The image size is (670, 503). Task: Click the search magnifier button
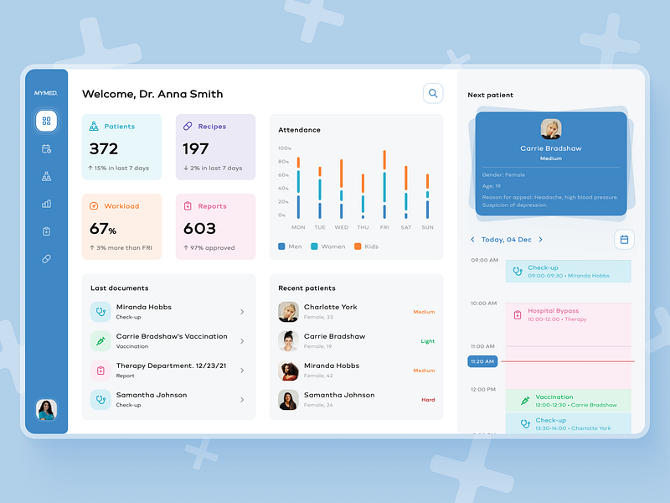433,94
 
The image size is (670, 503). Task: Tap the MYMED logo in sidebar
46,93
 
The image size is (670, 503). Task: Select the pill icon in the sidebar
46,259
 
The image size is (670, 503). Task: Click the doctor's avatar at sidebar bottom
46,410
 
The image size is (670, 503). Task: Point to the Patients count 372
104,149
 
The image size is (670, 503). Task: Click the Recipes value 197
195,149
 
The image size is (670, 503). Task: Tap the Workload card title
122,206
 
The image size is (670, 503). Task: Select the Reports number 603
199,228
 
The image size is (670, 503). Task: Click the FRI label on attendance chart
384,227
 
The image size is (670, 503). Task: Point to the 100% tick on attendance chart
285,148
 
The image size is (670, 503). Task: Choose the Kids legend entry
368,246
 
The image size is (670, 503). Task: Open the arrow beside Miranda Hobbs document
242,312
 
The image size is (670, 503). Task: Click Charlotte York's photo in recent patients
288,312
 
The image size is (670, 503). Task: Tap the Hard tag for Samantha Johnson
428,400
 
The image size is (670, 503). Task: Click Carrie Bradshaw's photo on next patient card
551,129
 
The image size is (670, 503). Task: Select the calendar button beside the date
624,240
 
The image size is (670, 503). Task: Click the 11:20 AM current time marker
482,361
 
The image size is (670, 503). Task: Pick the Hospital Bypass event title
553,311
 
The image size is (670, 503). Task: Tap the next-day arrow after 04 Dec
540,240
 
